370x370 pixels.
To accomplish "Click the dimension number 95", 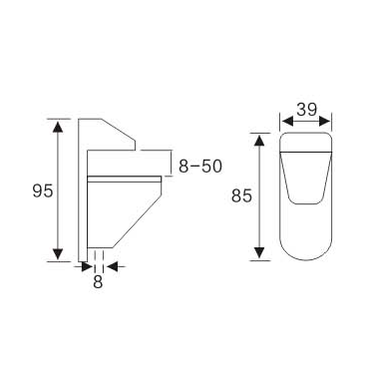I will pos(42,189).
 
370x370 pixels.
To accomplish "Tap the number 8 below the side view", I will pos(98,282).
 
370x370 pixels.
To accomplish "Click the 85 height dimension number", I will pos(239,196).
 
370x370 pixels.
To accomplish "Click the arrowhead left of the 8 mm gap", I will pos(84,266).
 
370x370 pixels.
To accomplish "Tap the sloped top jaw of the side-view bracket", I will pos(110,132).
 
